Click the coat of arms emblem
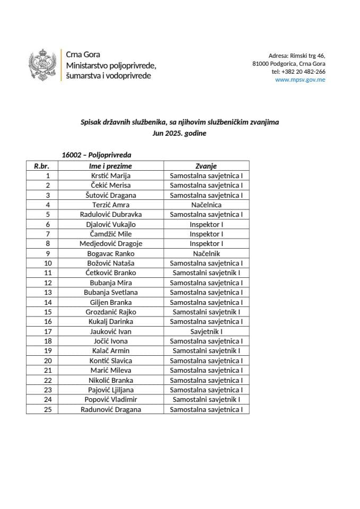pos(43,65)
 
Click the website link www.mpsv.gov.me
pos(300,80)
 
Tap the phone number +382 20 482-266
pos(298,72)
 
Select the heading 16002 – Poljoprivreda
pos(96,155)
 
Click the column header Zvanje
pos(206,166)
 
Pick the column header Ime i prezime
pos(110,166)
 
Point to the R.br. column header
pos(42,166)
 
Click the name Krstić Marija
pos(110,175)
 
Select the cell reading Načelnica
pos(206,205)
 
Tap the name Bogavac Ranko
pos(110,253)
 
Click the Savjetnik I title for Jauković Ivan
pos(206,331)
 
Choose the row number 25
pos(48,409)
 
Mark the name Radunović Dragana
pos(110,409)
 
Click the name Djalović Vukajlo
pos(110,224)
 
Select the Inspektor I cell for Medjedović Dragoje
pos(206,244)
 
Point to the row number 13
pos(48,293)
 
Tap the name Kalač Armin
pos(110,351)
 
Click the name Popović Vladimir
pos(110,400)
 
